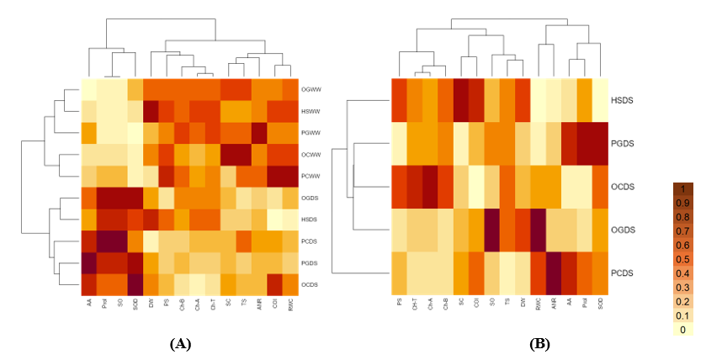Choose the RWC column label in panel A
[289, 311]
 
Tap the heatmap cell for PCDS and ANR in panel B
[553, 273]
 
